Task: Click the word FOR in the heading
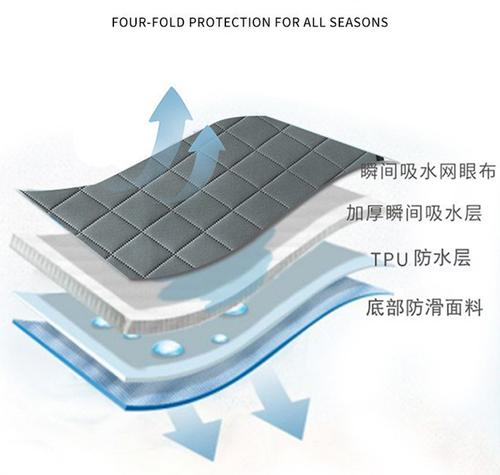(278, 22)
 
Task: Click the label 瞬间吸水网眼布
(427, 172)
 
